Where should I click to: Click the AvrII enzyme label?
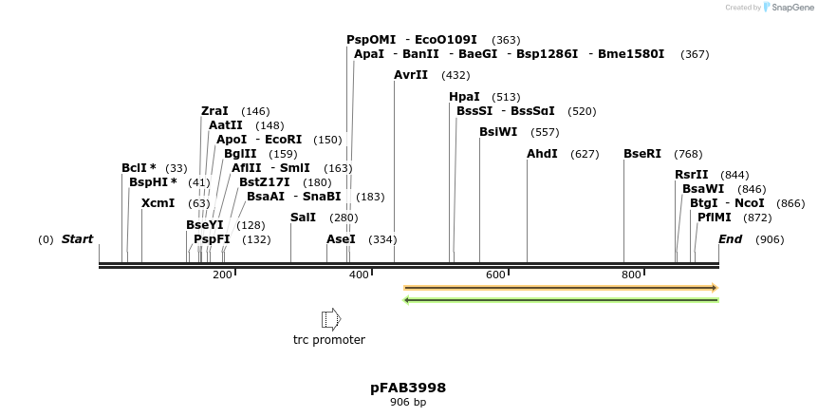pos(411,75)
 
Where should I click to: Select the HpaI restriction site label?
pos(464,97)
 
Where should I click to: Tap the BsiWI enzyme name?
pos(498,132)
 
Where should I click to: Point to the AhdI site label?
pos(542,154)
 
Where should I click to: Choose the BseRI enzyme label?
pos(642,154)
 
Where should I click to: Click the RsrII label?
pos(692,175)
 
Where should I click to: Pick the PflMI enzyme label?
pos(715,218)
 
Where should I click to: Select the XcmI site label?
pos(158,203)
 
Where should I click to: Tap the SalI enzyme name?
pos(303,218)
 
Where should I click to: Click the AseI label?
pos(341,239)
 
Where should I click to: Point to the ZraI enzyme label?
pos(214,111)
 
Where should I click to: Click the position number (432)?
pos(455,75)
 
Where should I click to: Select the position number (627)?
pos(585,154)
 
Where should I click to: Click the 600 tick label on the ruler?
pos(495,275)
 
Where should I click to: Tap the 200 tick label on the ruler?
pos(222,275)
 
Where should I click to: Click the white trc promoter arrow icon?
pos(330,318)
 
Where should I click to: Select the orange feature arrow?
pos(560,287)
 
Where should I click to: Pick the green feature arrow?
pos(560,300)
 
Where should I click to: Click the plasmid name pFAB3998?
pos(408,388)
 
